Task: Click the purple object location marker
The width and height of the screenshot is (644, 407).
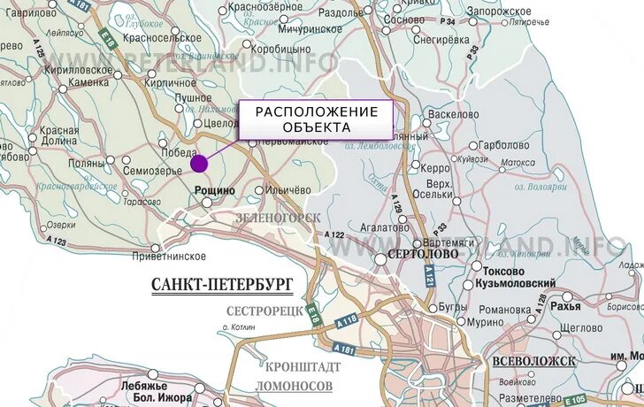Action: click(199, 163)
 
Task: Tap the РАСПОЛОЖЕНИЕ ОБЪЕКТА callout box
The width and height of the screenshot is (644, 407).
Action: click(316, 119)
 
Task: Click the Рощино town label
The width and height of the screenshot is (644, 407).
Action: click(214, 189)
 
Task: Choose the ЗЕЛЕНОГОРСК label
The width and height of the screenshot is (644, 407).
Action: click(278, 217)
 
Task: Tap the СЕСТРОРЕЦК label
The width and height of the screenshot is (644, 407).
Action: click(264, 311)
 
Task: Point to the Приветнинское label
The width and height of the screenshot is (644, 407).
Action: click(168, 257)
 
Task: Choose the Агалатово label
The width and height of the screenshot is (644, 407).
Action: click(360, 227)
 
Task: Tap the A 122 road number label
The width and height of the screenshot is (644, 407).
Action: click(334, 234)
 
